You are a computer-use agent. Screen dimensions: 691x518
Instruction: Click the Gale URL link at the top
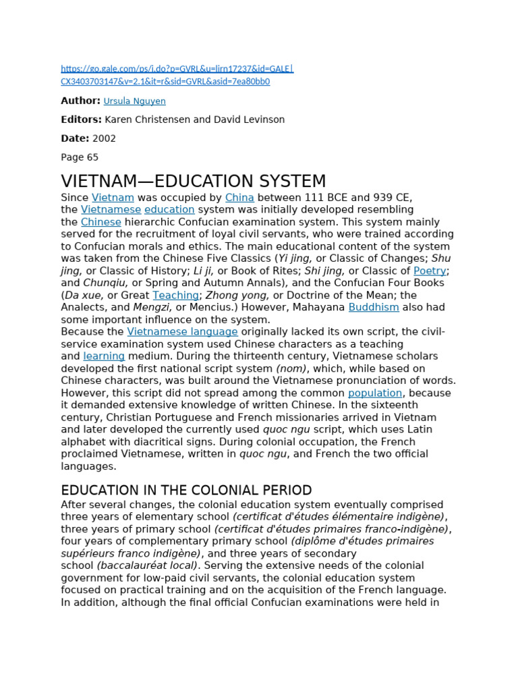177,69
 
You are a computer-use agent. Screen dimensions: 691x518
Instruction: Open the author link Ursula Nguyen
134,101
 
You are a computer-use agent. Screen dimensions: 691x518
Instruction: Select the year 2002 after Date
104,138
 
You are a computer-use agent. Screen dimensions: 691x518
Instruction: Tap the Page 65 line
80,157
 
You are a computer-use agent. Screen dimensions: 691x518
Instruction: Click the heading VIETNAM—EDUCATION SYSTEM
194,182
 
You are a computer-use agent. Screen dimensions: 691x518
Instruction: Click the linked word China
239,198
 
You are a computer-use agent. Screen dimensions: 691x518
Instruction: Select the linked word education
169,210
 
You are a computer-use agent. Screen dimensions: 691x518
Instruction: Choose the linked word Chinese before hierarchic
101,222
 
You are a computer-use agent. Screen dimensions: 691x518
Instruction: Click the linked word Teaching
175,296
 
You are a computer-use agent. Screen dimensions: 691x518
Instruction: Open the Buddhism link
374,308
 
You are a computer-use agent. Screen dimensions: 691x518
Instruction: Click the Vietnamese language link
182,332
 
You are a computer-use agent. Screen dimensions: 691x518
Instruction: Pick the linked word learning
104,356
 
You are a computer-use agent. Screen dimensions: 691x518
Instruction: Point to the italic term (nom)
291,368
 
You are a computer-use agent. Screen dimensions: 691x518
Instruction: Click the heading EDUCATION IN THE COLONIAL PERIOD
186,491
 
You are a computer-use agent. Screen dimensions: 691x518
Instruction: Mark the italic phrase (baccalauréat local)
148,565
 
